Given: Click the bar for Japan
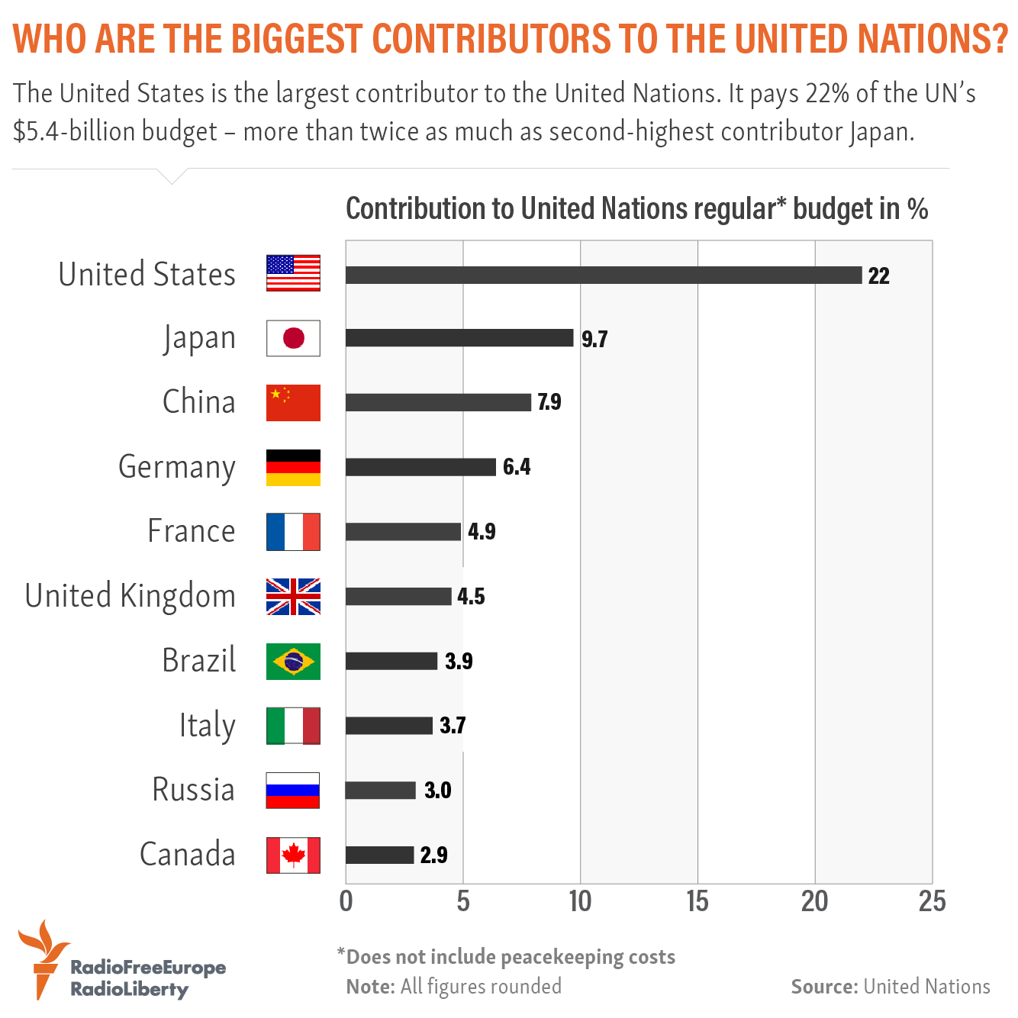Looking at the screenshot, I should tap(459, 338).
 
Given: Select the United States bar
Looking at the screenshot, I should tap(603, 275).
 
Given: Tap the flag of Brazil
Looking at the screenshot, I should tap(293, 661).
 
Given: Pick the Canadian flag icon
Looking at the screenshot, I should tap(293, 855).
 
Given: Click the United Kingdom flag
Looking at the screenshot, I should tap(293, 596).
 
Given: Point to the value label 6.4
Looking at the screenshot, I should tap(517, 466).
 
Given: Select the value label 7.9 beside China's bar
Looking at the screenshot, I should tap(549, 402).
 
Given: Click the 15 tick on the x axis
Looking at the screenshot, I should tap(697, 902).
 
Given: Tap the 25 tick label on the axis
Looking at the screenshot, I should tap(932, 902).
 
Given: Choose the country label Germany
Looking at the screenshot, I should tap(176, 467).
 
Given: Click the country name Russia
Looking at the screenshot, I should tap(193, 790).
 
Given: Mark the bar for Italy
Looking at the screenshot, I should tap(388, 725).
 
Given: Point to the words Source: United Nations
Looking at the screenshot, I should tap(891, 987).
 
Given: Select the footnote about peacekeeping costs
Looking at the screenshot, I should tap(507, 957).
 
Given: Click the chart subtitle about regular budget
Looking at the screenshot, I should tap(636, 208).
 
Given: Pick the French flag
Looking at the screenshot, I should tap(293, 532).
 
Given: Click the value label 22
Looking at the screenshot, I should tap(878, 275).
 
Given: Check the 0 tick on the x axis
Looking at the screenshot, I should tap(346, 902).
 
